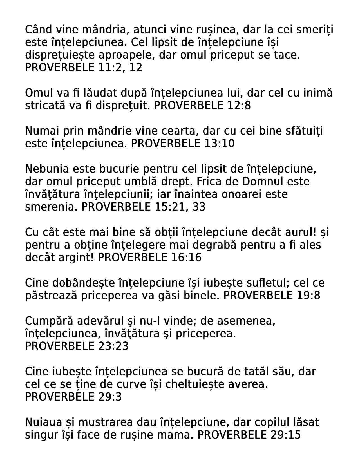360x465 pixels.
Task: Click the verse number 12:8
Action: (238, 106)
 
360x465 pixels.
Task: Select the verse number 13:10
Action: (218, 144)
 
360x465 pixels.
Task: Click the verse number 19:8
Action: (308, 296)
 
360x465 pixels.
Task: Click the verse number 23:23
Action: (113, 346)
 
